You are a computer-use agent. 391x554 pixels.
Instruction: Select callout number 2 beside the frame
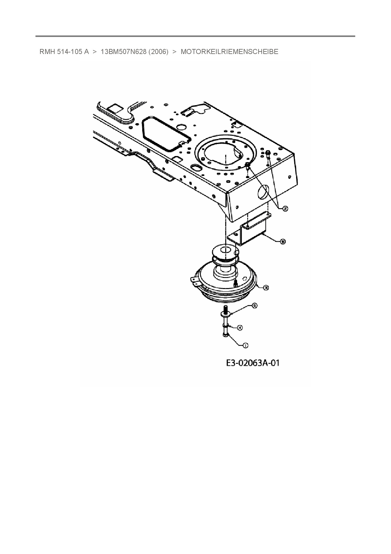tap(285, 208)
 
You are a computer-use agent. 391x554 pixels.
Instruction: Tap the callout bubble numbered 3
tap(266, 288)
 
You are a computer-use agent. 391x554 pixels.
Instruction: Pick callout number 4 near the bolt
tap(240, 328)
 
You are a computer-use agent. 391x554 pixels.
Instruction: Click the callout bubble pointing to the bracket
tap(283, 241)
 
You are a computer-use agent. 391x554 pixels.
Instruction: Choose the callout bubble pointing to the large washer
tap(254, 305)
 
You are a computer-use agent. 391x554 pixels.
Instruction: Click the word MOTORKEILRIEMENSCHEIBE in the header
tap(229, 52)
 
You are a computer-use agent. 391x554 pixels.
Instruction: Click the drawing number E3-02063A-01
tap(253, 363)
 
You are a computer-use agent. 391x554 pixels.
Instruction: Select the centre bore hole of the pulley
tap(225, 250)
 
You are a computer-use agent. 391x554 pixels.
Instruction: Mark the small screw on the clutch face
tap(235, 283)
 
